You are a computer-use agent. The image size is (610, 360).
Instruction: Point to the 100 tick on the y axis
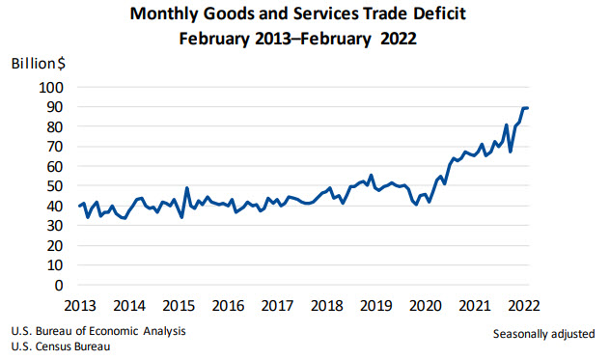[51, 87]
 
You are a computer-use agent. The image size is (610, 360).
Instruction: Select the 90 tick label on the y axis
[55, 106]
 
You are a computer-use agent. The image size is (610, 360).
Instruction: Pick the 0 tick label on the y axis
[59, 286]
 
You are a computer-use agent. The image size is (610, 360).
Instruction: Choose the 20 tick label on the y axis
[55, 246]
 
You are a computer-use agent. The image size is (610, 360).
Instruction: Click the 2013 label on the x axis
[79, 306]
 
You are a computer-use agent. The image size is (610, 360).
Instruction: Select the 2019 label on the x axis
[374, 306]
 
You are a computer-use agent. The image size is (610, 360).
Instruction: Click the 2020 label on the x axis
[424, 306]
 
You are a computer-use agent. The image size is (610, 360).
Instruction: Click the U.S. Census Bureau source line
[60, 346]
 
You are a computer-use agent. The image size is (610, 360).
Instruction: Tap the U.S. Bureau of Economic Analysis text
[97, 331]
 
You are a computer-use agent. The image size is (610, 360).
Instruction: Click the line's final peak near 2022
[526, 107]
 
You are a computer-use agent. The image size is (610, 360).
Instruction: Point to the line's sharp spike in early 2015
[186, 188]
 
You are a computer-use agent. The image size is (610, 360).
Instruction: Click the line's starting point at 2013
[79, 206]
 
